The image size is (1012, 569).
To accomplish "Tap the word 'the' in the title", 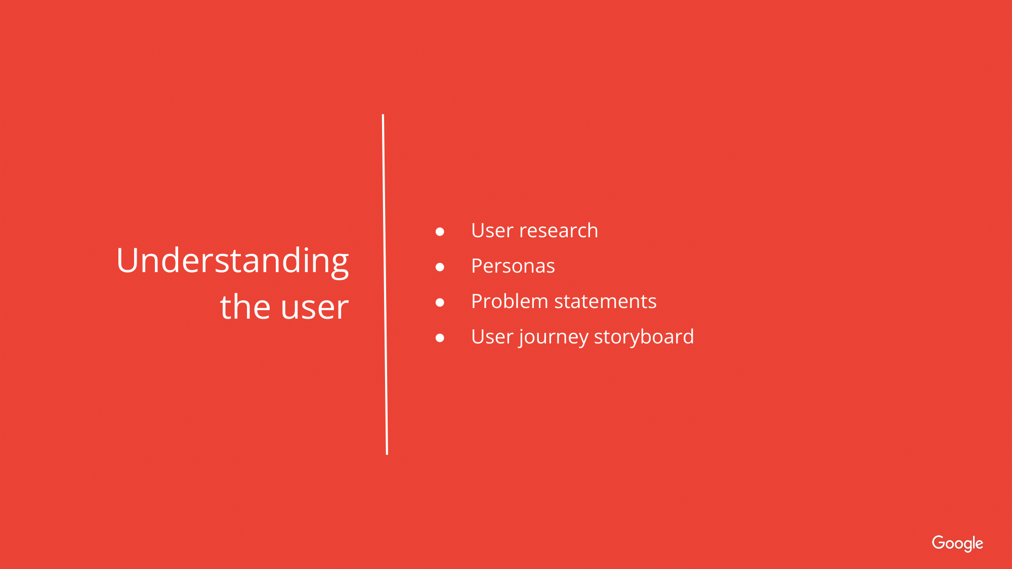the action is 245,307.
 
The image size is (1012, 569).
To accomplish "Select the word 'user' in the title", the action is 315,309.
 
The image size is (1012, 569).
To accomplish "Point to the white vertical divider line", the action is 385,284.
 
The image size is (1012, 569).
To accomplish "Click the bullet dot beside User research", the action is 440,232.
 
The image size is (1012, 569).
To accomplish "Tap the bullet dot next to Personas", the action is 440,267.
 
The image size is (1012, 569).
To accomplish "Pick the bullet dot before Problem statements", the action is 440,302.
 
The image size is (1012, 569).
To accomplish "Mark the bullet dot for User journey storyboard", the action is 440,338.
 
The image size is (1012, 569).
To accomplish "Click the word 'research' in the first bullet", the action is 559,231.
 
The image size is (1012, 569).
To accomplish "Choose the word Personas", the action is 513,266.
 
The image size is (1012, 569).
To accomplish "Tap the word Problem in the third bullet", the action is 510,301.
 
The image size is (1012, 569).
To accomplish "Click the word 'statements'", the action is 606,302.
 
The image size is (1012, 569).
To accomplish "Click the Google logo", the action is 957,544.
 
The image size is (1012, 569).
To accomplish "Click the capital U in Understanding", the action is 128,261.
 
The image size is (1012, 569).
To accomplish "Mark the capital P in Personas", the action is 477,266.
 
